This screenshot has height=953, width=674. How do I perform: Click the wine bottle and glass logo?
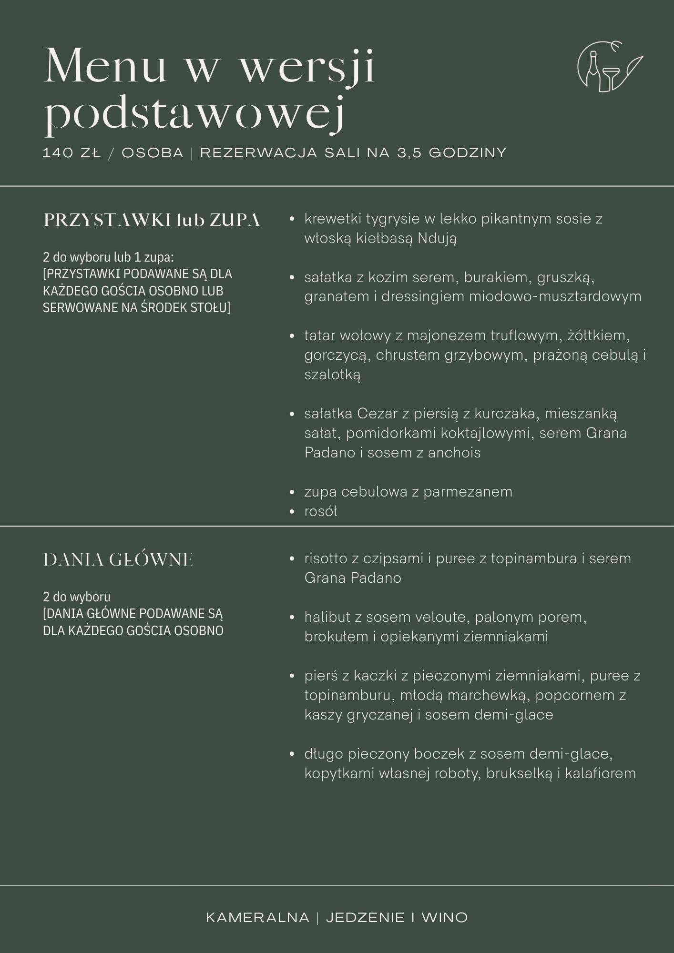(x=609, y=67)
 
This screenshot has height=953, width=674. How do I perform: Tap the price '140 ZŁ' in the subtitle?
(x=72, y=153)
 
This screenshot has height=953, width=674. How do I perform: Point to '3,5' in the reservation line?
(x=409, y=153)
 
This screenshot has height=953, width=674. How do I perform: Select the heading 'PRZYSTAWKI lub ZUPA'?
(x=152, y=220)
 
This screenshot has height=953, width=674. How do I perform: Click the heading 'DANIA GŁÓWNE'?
(x=118, y=559)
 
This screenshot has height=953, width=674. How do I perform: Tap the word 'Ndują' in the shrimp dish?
(x=437, y=238)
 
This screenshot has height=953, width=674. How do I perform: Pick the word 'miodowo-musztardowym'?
(x=555, y=296)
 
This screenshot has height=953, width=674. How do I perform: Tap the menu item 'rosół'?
(x=321, y=511)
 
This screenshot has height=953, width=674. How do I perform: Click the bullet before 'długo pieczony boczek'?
(x=292, y=754)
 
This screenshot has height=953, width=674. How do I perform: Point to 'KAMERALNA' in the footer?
(x=257, y=918)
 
